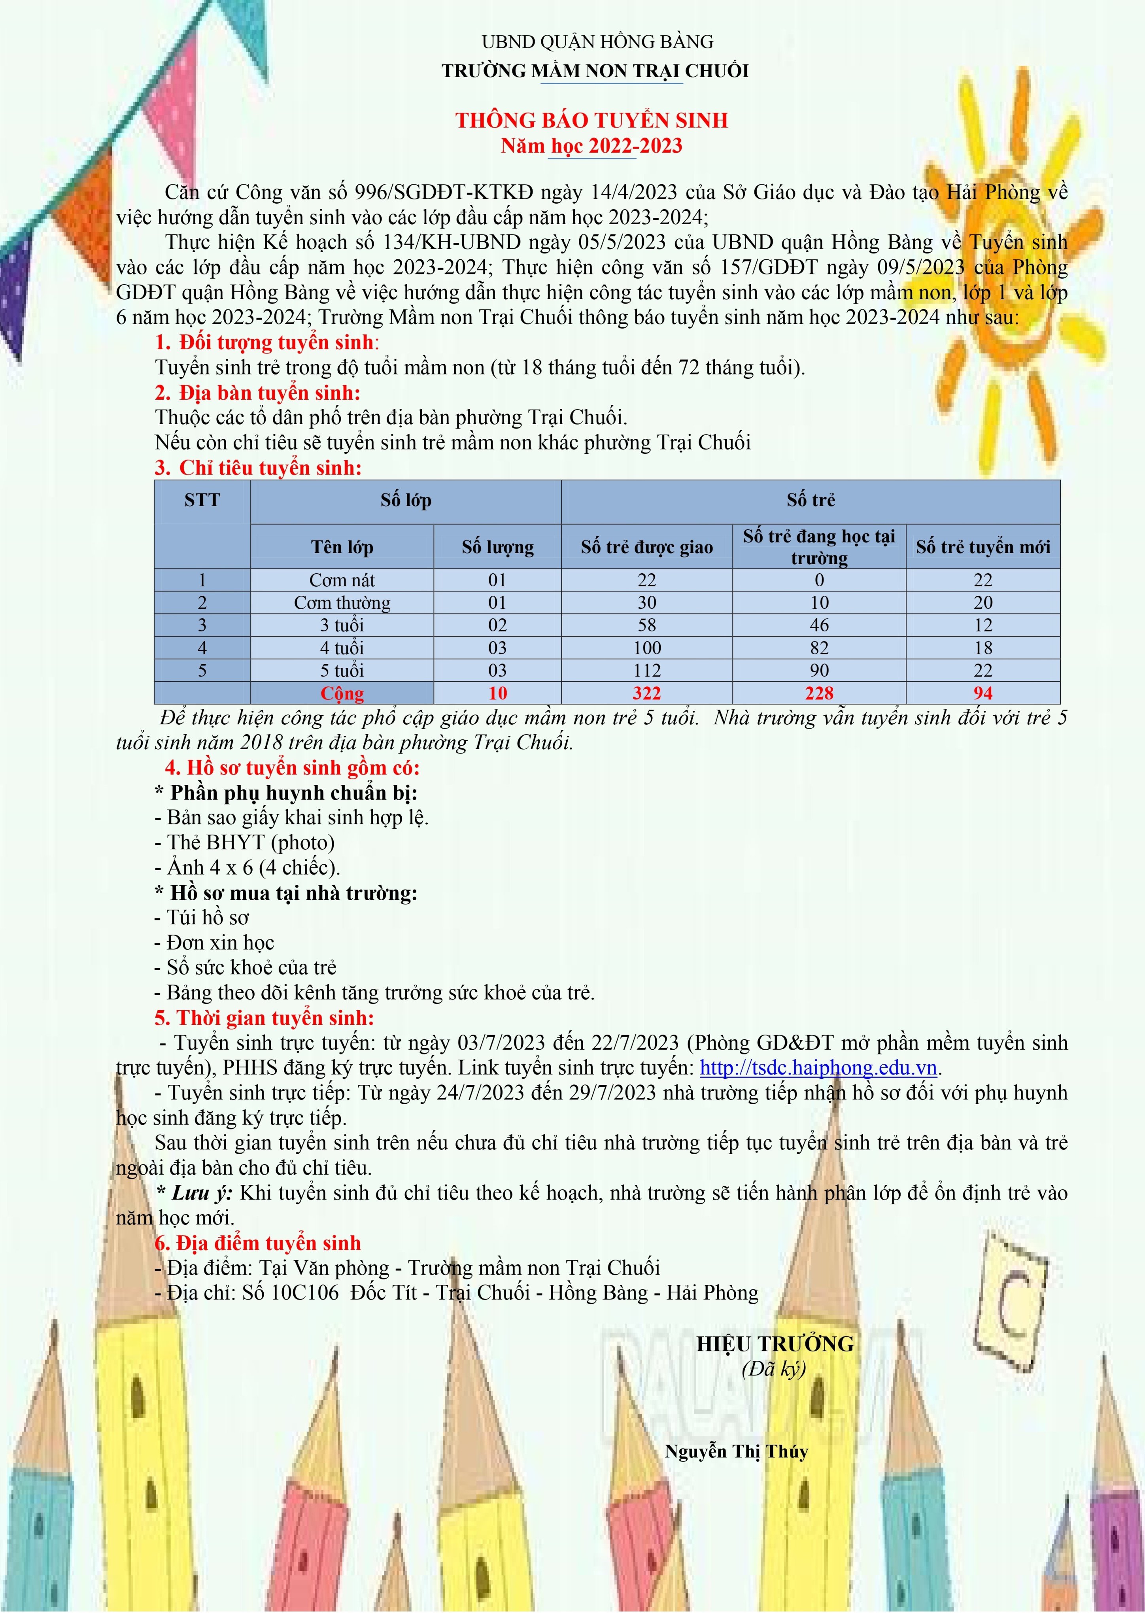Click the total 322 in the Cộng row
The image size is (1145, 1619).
[646, 693]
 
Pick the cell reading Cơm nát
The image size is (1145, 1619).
[342, 580]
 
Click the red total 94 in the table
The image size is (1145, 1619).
[983, 693]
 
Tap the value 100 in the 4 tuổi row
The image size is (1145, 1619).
[646, 648]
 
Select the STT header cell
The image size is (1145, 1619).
[202, 501]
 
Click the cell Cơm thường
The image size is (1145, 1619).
[342, 603]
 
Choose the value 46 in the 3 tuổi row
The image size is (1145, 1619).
[818, 625]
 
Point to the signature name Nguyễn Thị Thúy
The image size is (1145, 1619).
[736, 1451]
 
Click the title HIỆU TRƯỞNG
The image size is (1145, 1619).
[775, 1344]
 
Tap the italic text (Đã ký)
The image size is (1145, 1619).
[773, 1369]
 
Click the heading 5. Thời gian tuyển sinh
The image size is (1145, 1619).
[265, 1018]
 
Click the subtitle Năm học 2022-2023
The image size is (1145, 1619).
[591, 146]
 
